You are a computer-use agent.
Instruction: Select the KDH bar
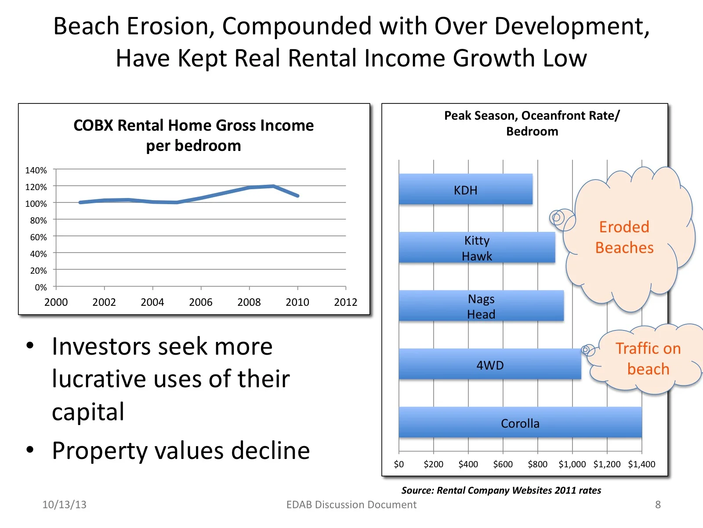pyautogui.click(x=465, y=189)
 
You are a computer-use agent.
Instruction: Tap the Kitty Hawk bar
pyautogui.click(x=477, y=248)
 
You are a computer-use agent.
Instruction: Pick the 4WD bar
pyautogui.click(x=490, y=364)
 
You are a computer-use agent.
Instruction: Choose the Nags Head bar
pyautogui.click(x=481, y=306)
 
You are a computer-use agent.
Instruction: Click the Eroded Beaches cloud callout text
pyautogui.click(x=624, y=237)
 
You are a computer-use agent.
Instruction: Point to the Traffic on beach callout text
pyautogui.click(x=648, y=359)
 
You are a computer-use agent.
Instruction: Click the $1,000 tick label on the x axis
pyautogui.click(x=572, y=464)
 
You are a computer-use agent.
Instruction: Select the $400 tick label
pyautogui.click(x=468, y=464)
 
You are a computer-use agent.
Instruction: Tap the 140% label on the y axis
pyautogui.click(x=36, y=170)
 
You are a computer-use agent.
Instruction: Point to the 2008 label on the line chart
pyautogui.click(x=249, y=302)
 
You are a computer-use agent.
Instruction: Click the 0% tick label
pyautogui.click(x=41, y=287)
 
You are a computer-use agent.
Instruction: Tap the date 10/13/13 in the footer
pyautogui.click(x=64, y=505)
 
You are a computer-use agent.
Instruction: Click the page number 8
pyautogui.click(x=658, y=505)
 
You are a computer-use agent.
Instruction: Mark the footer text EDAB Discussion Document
pyautogui.click(x=351, y=505)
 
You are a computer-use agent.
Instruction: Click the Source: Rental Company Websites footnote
pyautogui.click(x=501, y=490)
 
